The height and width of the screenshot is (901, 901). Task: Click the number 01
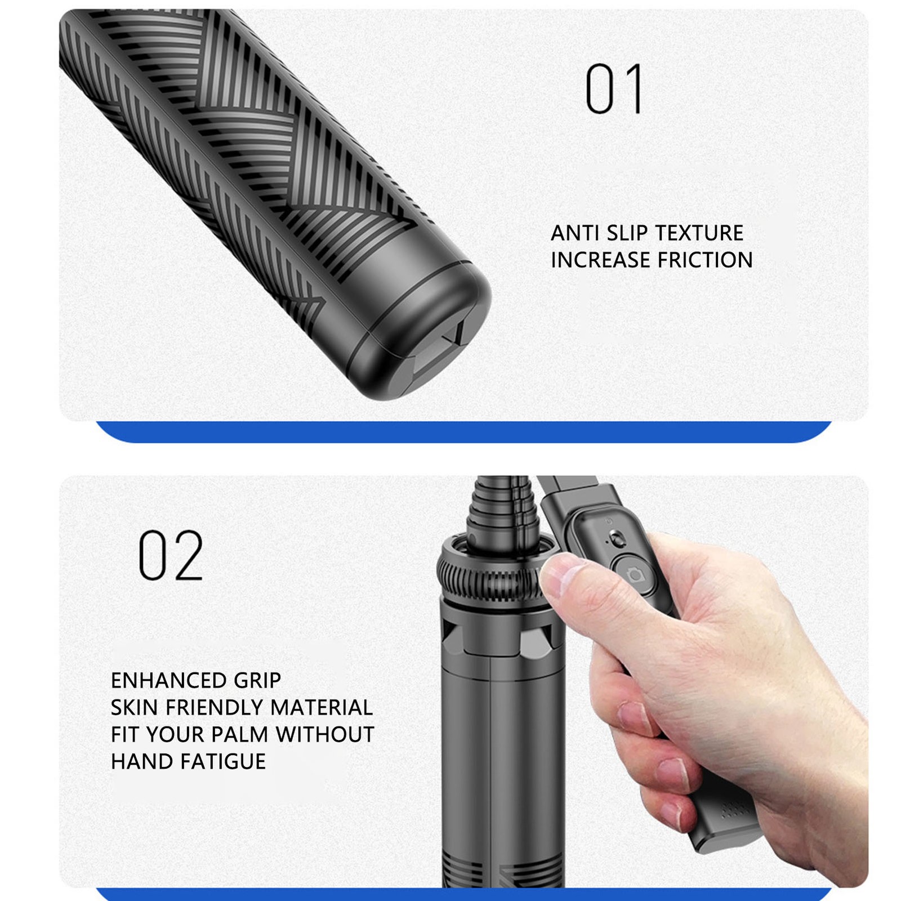coord(614,88)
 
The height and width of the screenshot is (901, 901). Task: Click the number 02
coord(171,555)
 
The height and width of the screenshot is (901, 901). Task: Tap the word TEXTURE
coord(699,233)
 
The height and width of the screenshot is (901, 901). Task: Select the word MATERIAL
coord(322,707)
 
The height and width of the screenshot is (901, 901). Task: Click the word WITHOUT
coord(325,734)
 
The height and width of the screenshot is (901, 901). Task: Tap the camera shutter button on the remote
coord(635,574)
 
